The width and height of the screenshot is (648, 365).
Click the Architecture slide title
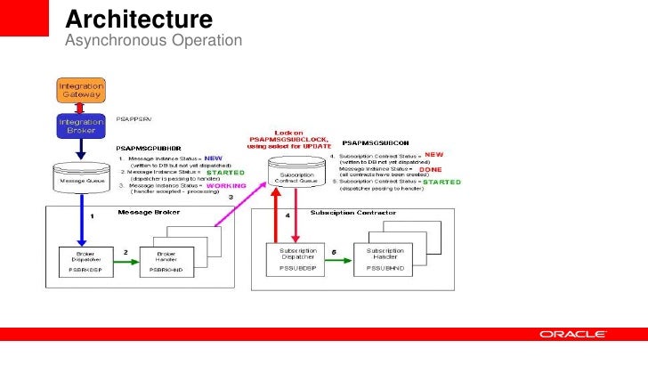[x=139, y=19]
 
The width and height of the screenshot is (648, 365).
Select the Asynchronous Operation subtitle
[x=153, y=41]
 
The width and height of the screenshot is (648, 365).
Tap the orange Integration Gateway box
[x=81, y=90]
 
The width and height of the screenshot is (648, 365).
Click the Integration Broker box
[x=81, y=126]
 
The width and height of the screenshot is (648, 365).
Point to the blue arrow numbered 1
[x=81, y=218]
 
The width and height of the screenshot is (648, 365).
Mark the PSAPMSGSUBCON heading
[x=375, y=142]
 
